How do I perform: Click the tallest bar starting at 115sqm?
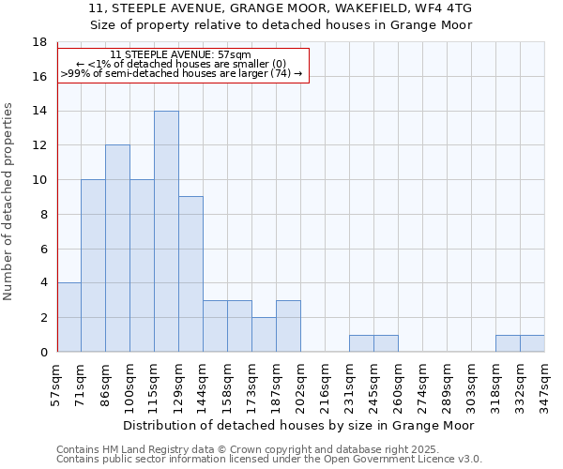tap(166, 232)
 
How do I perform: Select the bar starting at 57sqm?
tap(68, 317)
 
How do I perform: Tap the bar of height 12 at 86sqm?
tap(117, 249)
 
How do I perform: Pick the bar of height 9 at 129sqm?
tap(190, 274)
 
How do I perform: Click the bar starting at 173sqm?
tap(264, 335)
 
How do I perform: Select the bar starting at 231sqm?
tap(361, 343)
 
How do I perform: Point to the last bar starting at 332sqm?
tap(532, 343)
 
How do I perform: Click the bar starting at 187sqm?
tap(288, 326)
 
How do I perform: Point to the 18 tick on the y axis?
tap(40, 42)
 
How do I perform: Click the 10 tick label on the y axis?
tap(40, 180)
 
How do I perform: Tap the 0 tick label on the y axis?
tap(43, 352)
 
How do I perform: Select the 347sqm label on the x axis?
tap(545, 383)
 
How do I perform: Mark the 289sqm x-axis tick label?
tap(448, 383)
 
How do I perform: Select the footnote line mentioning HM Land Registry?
tap(268, 449)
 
